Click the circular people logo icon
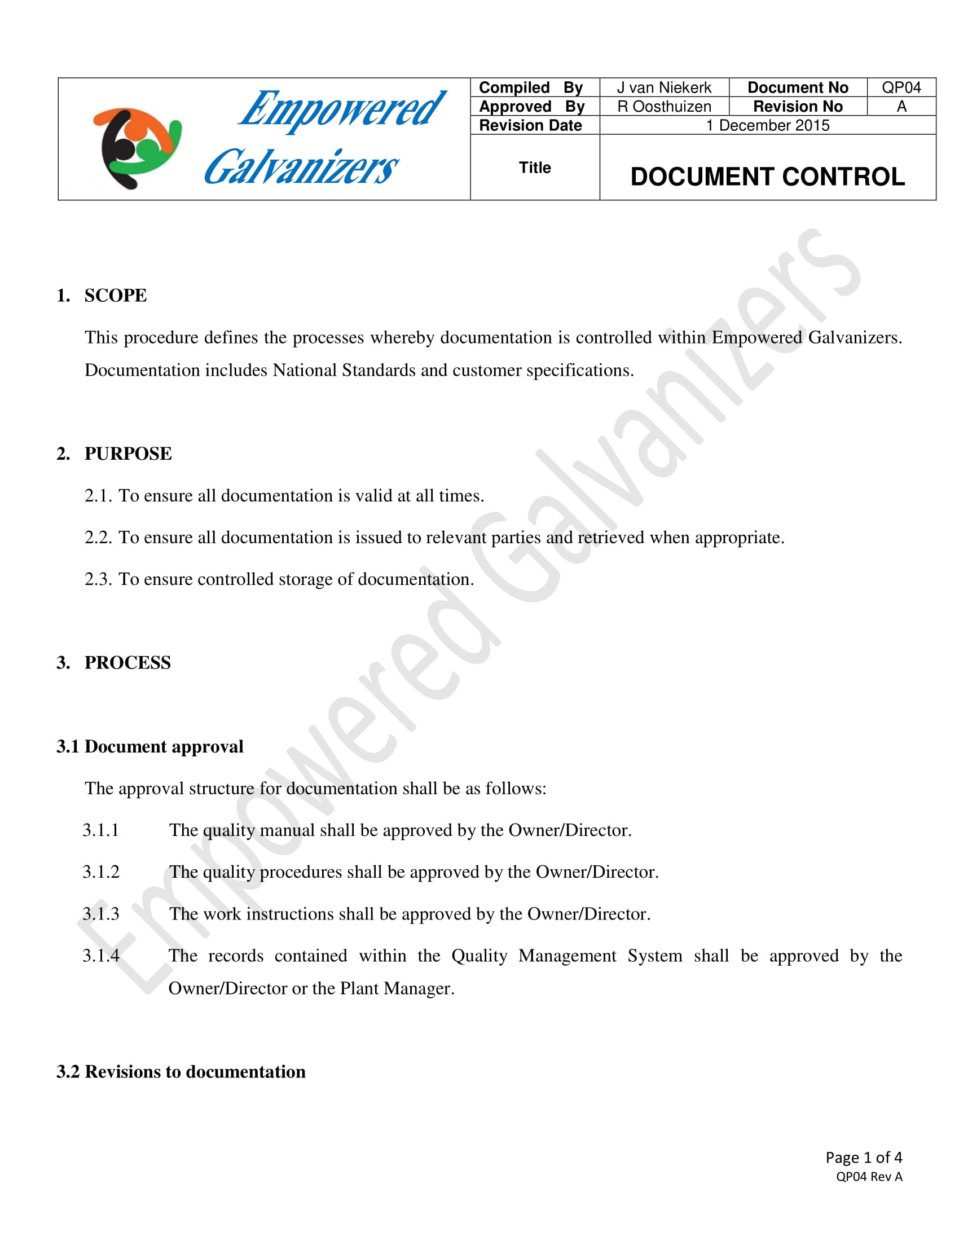coord(137,147)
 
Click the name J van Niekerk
coord(663,87)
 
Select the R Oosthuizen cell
coord(663,106)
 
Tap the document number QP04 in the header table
coord(900,87)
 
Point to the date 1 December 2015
coord(767,125)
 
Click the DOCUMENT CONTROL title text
coord(767,177)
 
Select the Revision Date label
coord(530,125)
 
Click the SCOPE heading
coord(115,296)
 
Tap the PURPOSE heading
coord(128,454)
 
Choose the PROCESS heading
coord(127,663)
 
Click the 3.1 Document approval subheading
coord(150,746)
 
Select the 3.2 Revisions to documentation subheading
coord(181,1072)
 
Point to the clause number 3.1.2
coord(101,872)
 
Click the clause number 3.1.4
coord(101,955)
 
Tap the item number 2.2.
coord(98,537)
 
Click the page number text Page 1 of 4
coord(864,1157)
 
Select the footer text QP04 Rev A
coord(869,1176)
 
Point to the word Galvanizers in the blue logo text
coord(301,167)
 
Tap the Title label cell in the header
coord(535,168)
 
